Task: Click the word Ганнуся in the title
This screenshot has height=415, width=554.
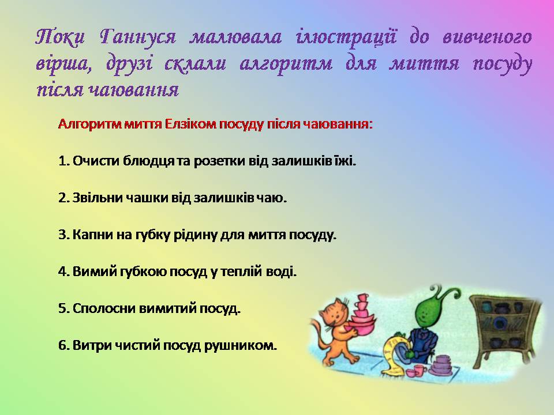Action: click(x=137, y=37)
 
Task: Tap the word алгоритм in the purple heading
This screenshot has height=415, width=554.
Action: click(x=286, y=64)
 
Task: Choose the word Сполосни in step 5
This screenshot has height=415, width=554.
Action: click(x=104, y=309)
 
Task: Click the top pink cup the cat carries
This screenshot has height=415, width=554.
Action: click(x=362, y=298)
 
